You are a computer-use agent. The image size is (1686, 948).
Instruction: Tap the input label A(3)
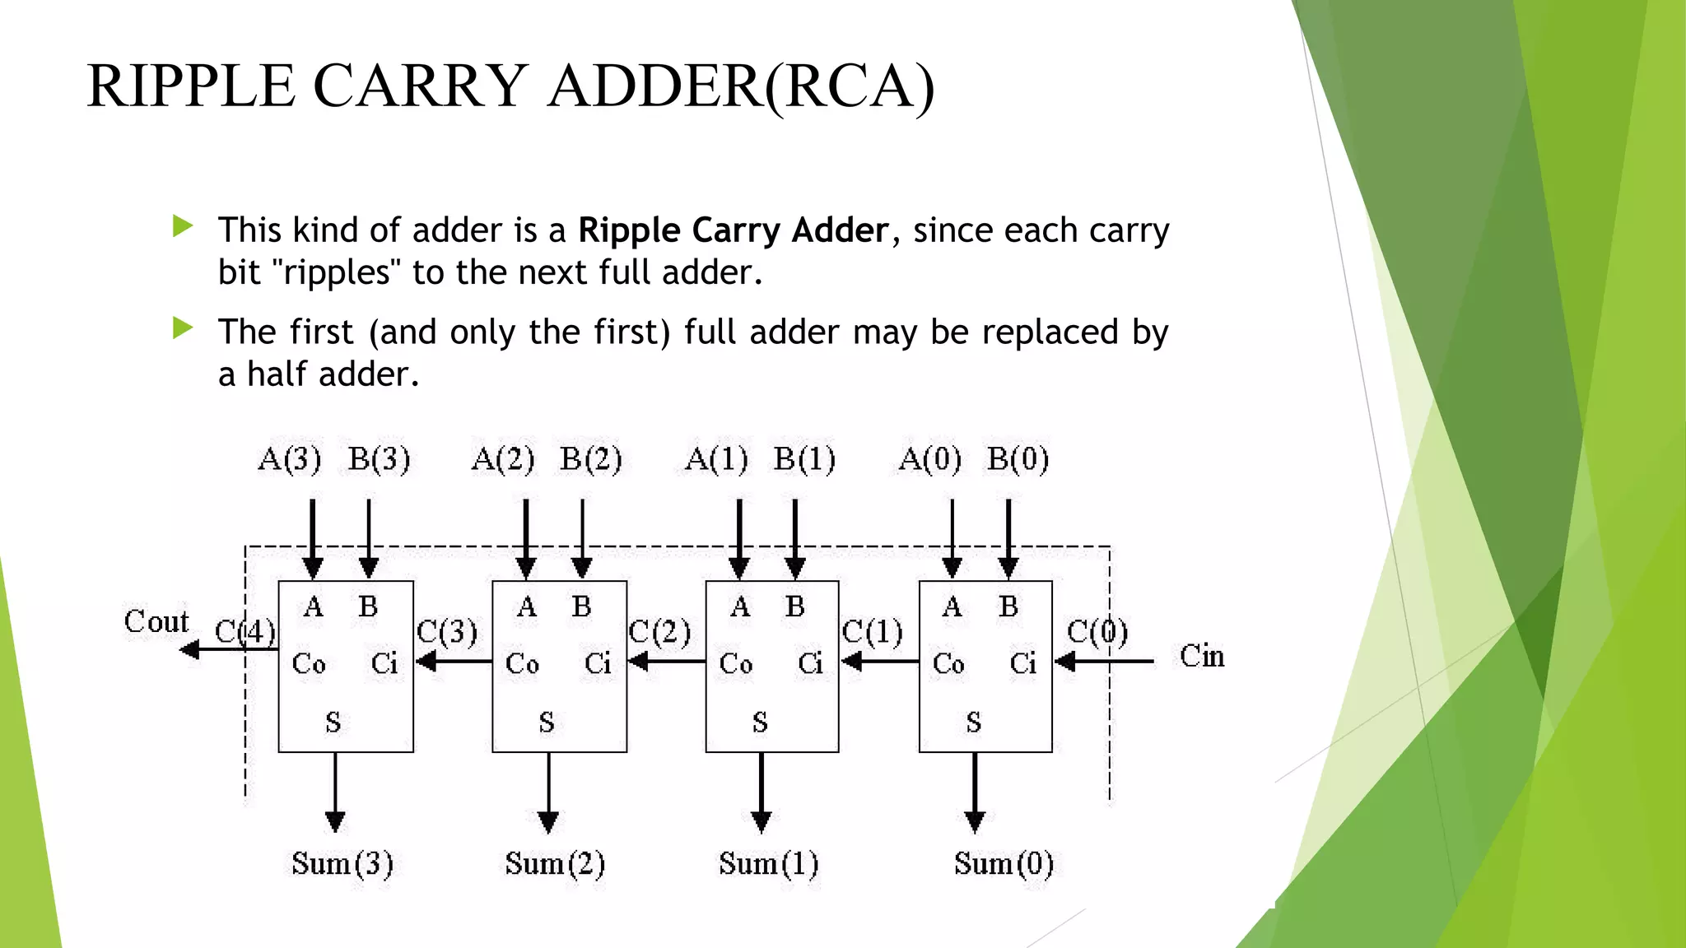click(289, 459)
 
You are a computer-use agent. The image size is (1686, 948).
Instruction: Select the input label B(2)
click(590, 459)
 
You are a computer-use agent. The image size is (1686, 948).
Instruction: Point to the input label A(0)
click(929, 459)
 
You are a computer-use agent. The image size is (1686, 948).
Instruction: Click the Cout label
click(156, 621)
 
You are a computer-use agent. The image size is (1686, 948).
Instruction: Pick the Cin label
click(1202, 657)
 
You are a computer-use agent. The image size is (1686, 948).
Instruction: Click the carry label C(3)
click(447, 632)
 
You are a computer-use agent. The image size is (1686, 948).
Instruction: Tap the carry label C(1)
click(873, 632)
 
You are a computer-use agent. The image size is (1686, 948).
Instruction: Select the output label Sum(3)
click(342, 863)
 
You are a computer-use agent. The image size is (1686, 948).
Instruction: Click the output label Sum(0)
click(1004, 863)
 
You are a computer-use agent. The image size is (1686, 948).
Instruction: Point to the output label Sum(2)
click(555, 863)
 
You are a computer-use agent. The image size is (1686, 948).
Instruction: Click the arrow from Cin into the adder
click(1103, 661)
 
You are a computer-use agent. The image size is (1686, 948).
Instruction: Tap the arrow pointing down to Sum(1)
click(761, 790)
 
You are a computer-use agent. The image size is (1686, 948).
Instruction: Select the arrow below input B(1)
click(795, 539)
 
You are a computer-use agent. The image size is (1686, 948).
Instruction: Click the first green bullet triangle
click(183, 226)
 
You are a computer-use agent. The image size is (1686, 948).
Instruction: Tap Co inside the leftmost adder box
click(309, 663)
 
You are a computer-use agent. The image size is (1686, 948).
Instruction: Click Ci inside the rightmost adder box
click(1023, 663)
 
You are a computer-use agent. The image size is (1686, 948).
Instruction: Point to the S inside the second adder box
click(547, 723)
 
